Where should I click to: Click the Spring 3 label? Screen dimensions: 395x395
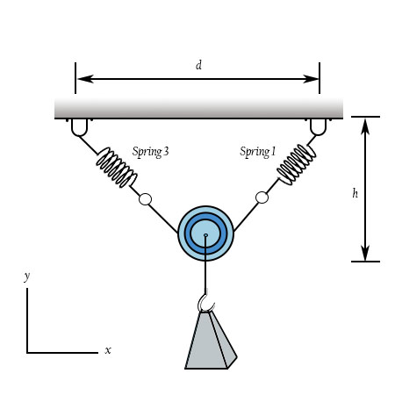click(x=150, y=152)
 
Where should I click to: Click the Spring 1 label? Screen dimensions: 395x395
click(x=258, y=152)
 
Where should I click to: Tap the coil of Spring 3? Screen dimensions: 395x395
click(x=117, y=168)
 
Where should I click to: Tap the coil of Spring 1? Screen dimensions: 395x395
click(x=297, y=164)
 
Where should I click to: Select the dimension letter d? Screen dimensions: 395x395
click(x=198, y=65)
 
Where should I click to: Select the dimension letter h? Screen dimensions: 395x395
click(x=355, y=193)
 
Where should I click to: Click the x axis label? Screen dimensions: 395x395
click(x=108, y=350)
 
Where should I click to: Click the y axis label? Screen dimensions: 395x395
click(x=27, y=276)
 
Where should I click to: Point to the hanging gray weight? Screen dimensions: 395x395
click(x=211, y=340)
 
